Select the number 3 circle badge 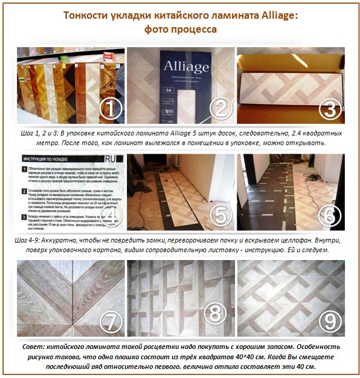point(329,110)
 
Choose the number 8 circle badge point(219,313)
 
